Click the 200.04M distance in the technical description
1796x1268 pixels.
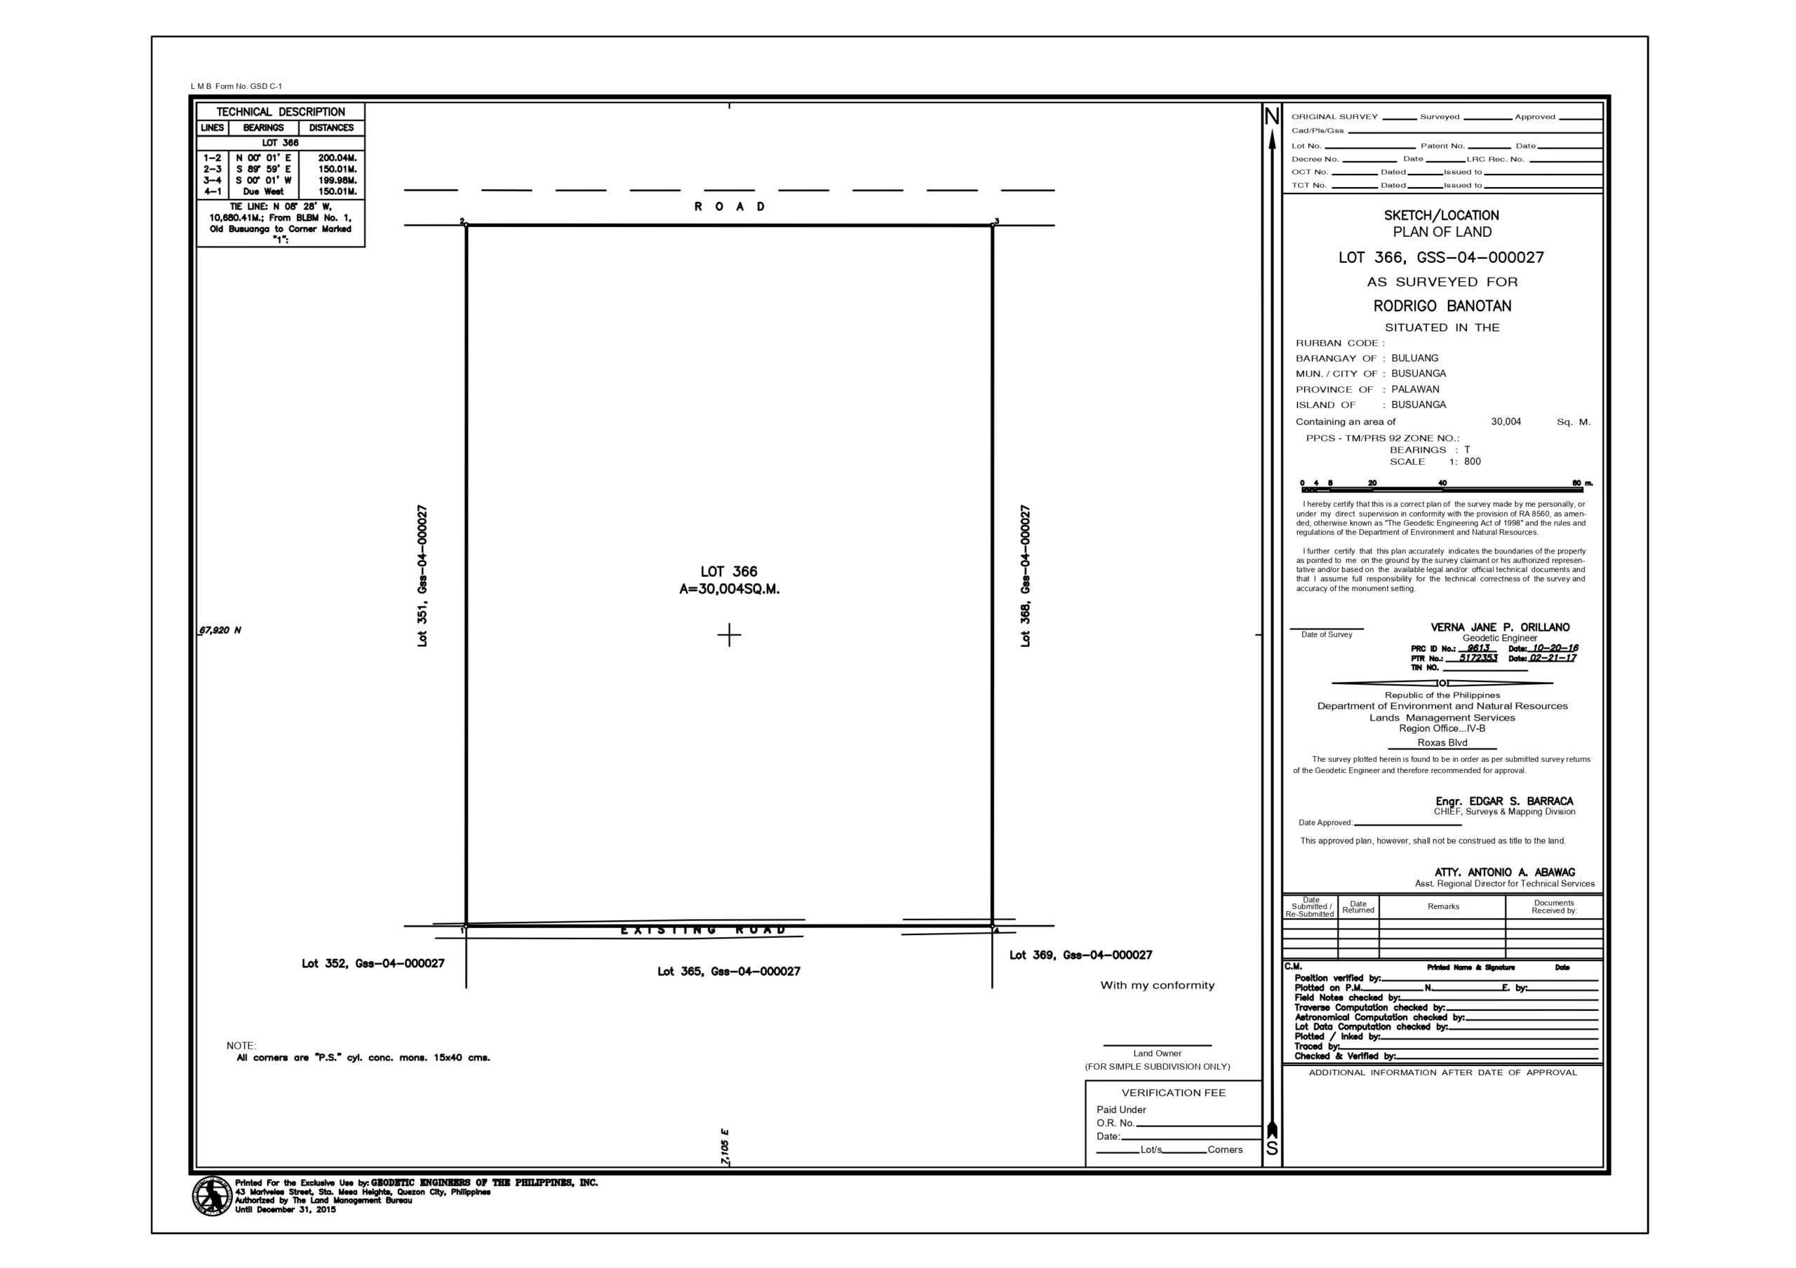(x=337, y=158)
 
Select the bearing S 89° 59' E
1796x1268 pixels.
(x=264, y=169)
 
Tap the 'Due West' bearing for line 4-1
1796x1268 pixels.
(x=264, y=191)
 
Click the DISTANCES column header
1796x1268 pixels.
(x=331, y=128)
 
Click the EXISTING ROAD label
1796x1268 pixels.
(x=702, y=930)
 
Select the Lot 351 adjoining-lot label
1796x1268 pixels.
(x=423, y=575)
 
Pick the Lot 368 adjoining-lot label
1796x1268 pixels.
(x=1026, y=575)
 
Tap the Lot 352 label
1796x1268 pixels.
(x=373, y=963)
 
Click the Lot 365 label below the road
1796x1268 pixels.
(x=728, y=971)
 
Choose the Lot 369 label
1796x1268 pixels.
(x=1080, y=955)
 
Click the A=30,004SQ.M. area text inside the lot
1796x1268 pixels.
(x=729, y=589)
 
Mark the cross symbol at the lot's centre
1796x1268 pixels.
(x=729, y=635)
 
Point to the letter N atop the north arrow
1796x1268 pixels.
(x=1272, y=117)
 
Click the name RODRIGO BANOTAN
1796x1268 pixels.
(x=1442, y=306)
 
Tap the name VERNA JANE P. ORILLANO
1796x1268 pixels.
(x=1499, y=627)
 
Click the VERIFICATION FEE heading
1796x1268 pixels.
(x=1173, y=1093)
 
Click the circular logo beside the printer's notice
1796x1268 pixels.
(x=212, y=1196)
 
